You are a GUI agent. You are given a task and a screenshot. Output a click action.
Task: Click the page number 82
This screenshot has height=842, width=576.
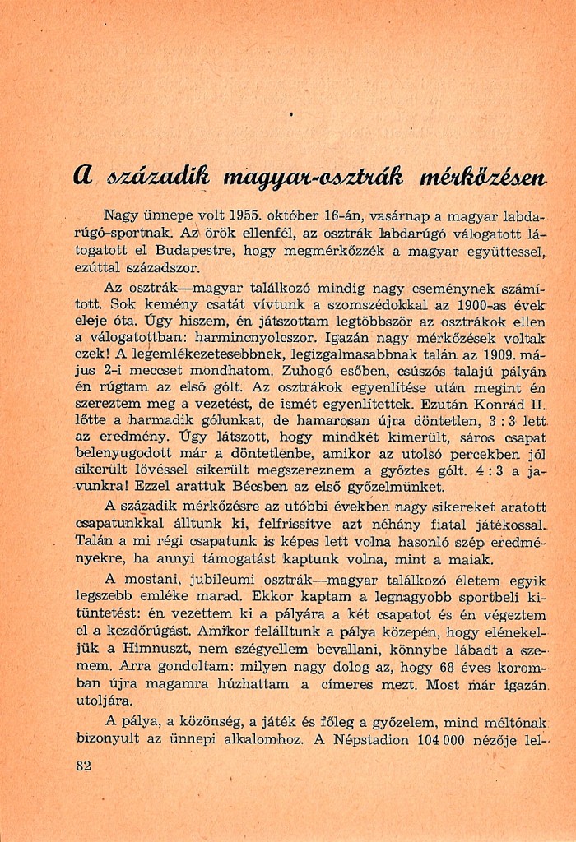pyautogui.click(x=81, y=766)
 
